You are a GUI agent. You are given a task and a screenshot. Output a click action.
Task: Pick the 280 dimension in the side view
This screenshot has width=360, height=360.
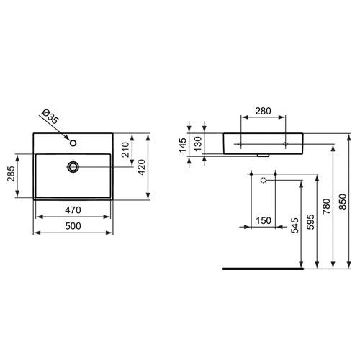[263, 112]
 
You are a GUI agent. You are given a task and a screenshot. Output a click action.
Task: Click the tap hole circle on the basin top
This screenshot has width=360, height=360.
[73, 142]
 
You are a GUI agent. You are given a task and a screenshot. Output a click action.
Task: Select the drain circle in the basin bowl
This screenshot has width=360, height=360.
[73, 167]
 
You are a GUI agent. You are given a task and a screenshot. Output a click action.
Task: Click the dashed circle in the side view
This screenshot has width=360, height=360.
[264, 179]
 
